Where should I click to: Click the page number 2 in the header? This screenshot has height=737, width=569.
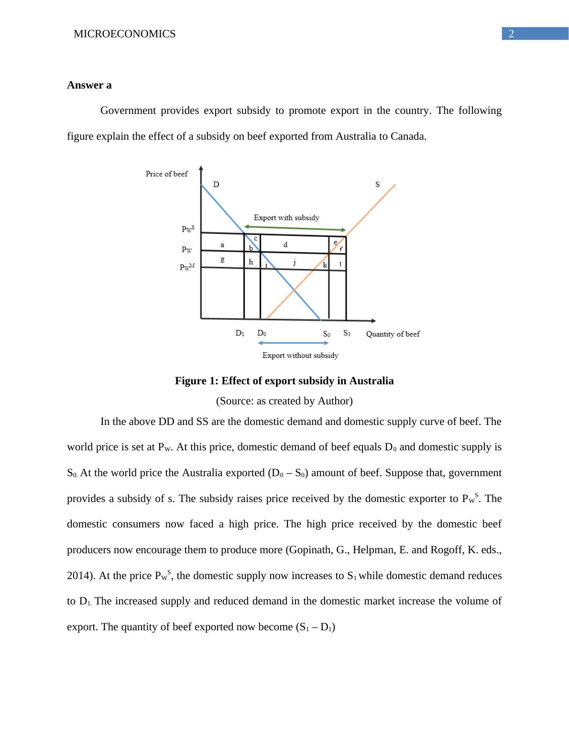[511, 34]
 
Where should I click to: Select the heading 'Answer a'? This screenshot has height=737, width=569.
[89, 85]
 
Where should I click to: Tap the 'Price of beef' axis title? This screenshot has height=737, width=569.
[166, 174]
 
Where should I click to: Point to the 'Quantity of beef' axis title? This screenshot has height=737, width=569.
[393, 334]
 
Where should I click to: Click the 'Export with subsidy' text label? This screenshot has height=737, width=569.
[286, 218]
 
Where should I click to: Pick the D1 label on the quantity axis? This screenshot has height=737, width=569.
[240, 333]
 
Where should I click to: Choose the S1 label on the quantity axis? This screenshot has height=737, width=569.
[347, 333]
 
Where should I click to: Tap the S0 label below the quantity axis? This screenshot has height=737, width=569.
[326, 334]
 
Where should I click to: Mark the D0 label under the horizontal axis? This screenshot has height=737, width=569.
[262, 333]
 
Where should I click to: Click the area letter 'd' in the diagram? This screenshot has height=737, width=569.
[285, 245]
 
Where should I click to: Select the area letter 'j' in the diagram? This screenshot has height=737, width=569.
[294, 262]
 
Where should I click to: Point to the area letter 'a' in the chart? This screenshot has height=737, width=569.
[222, 245]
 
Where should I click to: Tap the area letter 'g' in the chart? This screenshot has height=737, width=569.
[222, 260]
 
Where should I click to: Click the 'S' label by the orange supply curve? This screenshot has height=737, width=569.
[377, 184]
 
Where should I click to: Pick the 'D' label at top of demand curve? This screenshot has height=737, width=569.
[216, 185]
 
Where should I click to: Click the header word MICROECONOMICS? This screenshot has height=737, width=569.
[124, 34]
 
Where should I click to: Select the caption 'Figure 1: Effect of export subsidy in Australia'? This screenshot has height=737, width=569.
[284, 381]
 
